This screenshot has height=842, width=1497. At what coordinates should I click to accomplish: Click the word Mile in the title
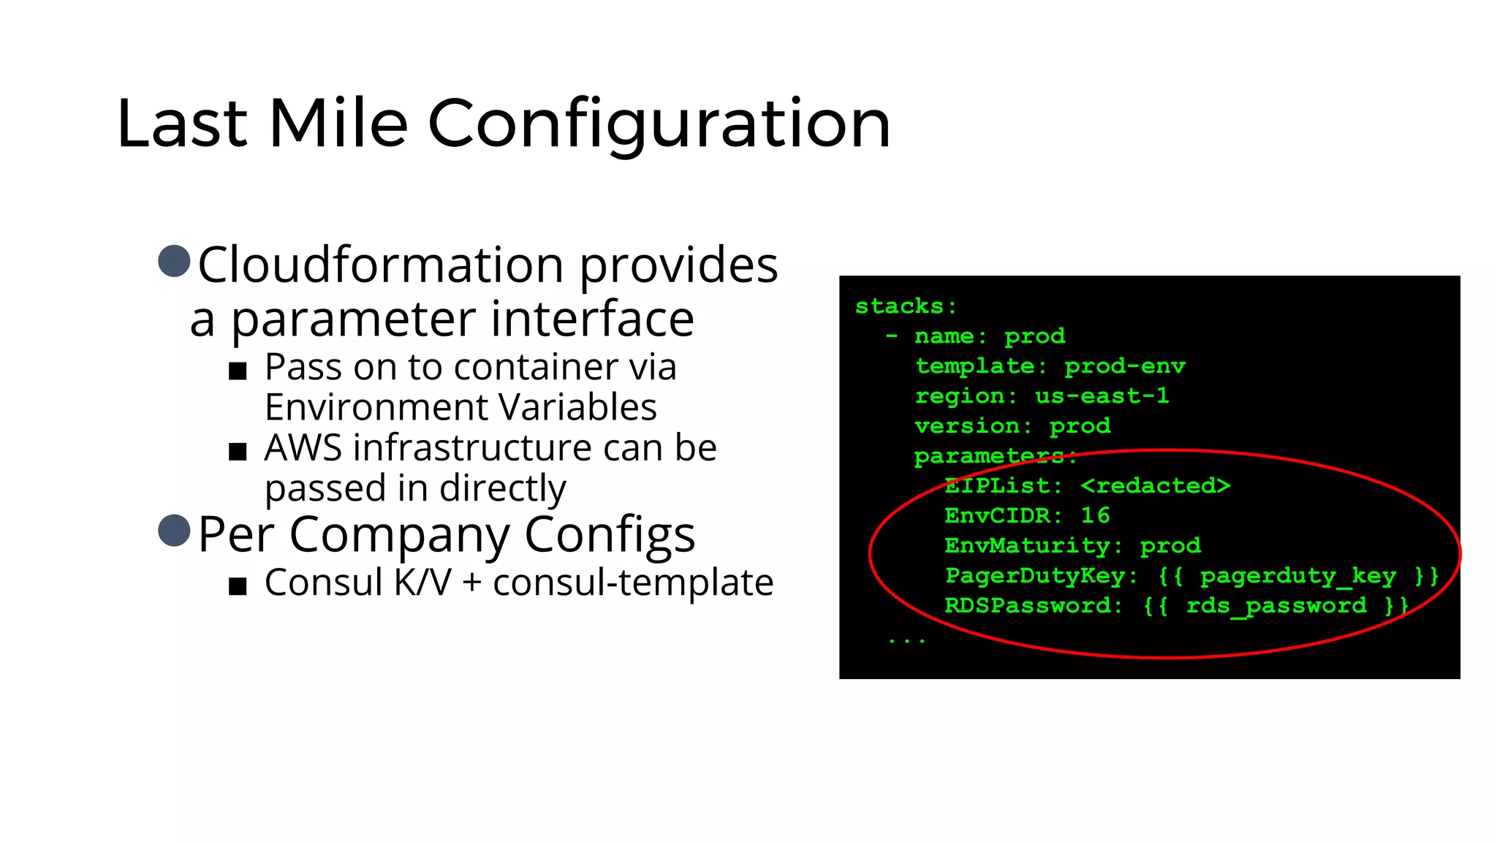(x=338, y=124)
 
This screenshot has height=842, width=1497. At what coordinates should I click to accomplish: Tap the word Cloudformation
(x=380, y=265)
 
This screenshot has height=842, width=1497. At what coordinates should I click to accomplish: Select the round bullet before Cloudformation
(x=174, y=261)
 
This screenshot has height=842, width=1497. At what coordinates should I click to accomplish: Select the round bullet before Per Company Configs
(x=174, y=531)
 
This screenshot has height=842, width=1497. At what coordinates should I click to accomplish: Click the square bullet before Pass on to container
(x=238, y=371)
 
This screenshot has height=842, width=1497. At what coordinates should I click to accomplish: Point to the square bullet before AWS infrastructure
(x=238, y=452)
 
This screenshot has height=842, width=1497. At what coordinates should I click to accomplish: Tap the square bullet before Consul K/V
(x=238, y=586)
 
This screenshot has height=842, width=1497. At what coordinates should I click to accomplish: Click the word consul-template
(x=633, y=583)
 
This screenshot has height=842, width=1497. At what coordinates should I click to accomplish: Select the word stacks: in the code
(x=906, y=306)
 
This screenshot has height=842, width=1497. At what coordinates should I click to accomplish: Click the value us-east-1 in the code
(x=1102, y=396)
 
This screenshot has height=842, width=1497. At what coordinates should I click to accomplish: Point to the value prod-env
(x=1124, y=366)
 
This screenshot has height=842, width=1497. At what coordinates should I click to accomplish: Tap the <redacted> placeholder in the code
(x=1155, y=486)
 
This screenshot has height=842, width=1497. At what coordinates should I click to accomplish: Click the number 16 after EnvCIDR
(x=1095, y=516)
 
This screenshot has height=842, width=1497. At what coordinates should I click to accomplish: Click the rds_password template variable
(x=1276, y=606)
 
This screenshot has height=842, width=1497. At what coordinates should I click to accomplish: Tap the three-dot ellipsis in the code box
(x=906, y=640)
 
